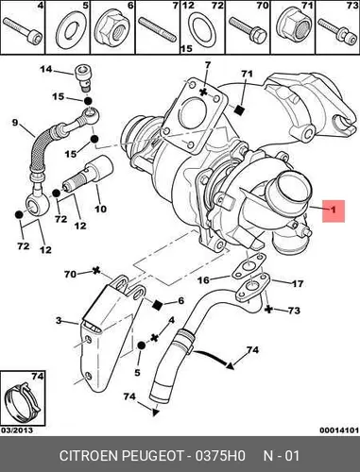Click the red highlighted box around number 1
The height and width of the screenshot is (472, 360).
(x=334, y=211)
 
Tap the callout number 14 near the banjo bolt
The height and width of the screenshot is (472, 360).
(x=46, y=69)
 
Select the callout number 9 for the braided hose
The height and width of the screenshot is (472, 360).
(x=15, y=123)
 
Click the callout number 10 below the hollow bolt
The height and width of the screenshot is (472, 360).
(x=100, y=209)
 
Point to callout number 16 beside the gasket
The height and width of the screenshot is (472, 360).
(x=204, y=279)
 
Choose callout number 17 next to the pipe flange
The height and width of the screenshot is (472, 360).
(x=298, y=283)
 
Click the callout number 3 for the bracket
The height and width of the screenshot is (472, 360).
(x=59, y=321)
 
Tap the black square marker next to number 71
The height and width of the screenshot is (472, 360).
(x=239, y=110)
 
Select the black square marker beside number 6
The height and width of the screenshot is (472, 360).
(x=157, y=304)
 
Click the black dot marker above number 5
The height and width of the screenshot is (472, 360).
(x=141, y=346)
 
